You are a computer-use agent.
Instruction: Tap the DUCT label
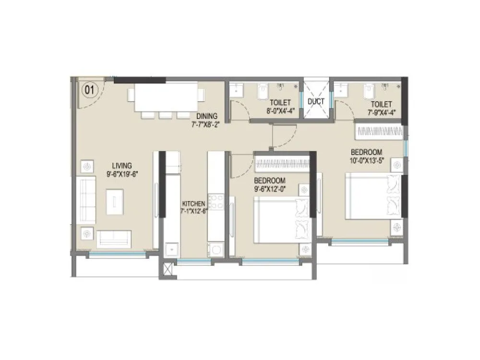tap(316, 101)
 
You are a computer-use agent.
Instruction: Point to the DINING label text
tap(207, 116)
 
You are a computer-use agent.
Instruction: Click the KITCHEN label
tap(194, 204)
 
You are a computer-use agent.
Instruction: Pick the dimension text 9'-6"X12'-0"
tap(270, 189)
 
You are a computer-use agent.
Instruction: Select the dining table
tap(166, 96)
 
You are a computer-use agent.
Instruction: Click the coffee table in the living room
tap(115, 201)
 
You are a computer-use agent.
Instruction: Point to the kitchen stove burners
tap(216, 201)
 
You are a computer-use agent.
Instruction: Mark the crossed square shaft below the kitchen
tap(168, 268)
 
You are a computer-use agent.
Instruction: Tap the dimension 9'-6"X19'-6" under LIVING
tap(122, 174)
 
